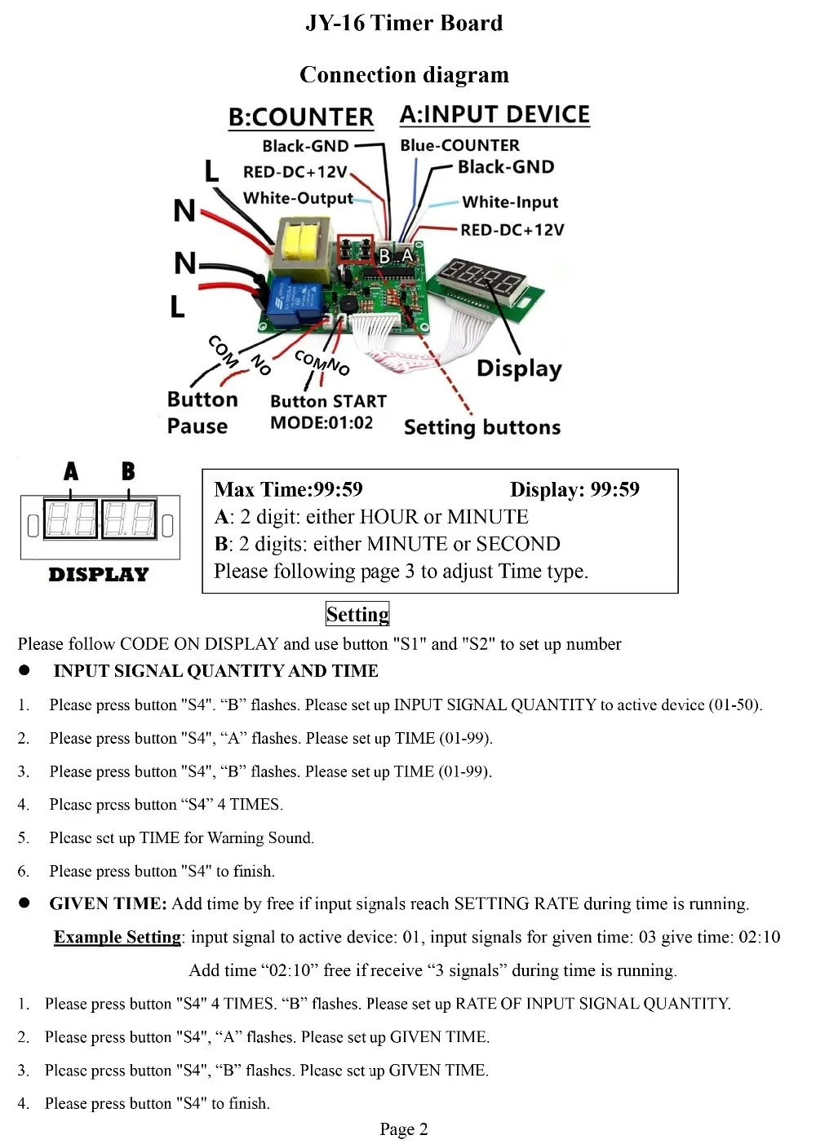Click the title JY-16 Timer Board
pos(404,23)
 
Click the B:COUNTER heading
pos(300,117)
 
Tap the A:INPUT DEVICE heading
pos(494,114)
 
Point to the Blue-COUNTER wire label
pos(459,145)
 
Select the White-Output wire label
pos(298,198)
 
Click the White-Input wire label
pos(510,202)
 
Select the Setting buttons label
pos(481,427)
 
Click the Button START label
pos(328,401)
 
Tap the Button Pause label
pos(202,413)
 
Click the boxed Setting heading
pos(357,614)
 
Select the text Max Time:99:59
pos(288,489)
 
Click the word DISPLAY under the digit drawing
pos(99,575)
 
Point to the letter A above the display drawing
pos(71,470)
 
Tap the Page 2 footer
pos(404,1129)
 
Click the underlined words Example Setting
pos(118,937)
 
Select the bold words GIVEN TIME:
pos(108,903)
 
